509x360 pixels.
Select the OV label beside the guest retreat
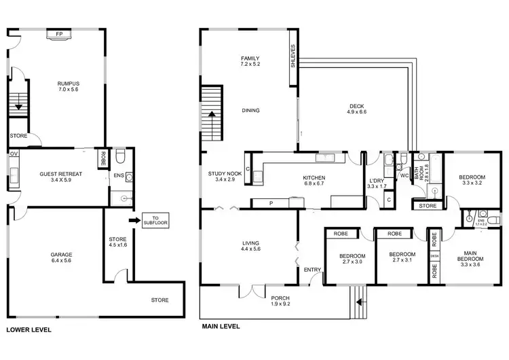click(14, 154)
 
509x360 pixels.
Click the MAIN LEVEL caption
click(221, 325)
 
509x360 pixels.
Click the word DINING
click(250, 110)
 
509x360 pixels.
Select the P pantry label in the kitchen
click(270, 202)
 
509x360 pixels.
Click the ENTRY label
click(312, 270)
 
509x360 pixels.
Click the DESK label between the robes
click(434, 256)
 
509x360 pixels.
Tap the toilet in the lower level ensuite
click(120, 158)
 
